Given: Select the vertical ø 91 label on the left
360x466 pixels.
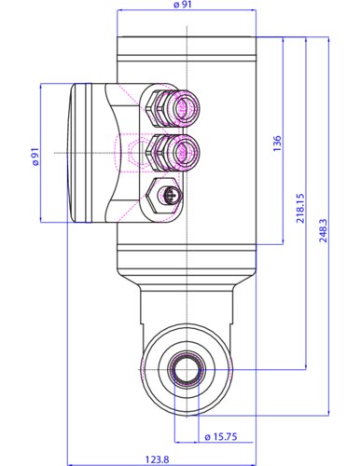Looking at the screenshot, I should point(35,155).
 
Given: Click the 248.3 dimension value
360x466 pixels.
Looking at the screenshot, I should point(324,232).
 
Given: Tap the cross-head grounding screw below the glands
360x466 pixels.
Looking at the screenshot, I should point(169,197).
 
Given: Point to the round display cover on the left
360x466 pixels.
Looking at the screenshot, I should point(82,153).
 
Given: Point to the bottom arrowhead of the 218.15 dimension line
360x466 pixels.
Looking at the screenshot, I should point(307,367).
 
